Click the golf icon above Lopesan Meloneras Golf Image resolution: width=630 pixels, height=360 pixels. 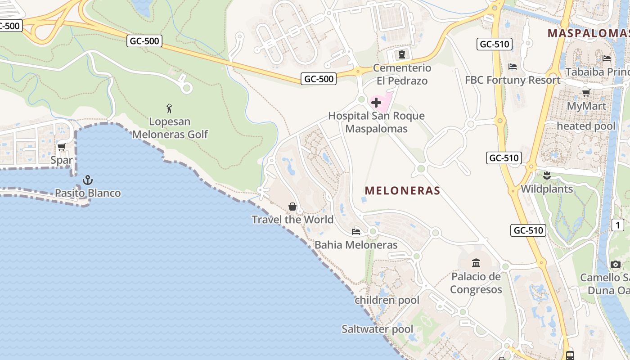click(x=169, y=108)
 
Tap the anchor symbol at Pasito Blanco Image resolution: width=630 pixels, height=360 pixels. click(x=88, y=180)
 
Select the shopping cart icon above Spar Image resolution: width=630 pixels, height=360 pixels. click(x=62, y=147)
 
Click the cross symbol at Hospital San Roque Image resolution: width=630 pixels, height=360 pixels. click(x=376, y=103)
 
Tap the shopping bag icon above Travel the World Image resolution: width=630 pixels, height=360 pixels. click(x=292, y=207)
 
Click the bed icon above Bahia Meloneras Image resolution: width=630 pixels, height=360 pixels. click(x=356, y=232)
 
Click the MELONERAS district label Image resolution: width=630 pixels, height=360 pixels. click(x=402, y=191)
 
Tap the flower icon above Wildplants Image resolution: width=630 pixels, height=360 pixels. click(x=547, y=175)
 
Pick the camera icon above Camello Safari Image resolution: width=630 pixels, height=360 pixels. click(x=616, y=265)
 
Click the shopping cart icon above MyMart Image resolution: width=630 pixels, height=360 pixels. click(x=586, y=93)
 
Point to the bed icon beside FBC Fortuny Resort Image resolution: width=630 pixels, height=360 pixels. click(x=512, y=67)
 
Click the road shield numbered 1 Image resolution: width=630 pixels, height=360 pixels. click(x=618, y=225)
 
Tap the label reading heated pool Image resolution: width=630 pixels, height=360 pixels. click(x=586, y=126)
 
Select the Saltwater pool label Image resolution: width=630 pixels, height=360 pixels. click(x=377, y=329)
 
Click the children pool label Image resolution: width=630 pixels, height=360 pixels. click(x=387, y=300)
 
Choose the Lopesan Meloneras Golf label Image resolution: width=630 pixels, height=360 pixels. click(x=170, y=128)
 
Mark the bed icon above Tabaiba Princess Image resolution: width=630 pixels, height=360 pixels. click(x=607, y=58)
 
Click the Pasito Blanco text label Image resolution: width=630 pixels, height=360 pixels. click(x=88, y=193)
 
